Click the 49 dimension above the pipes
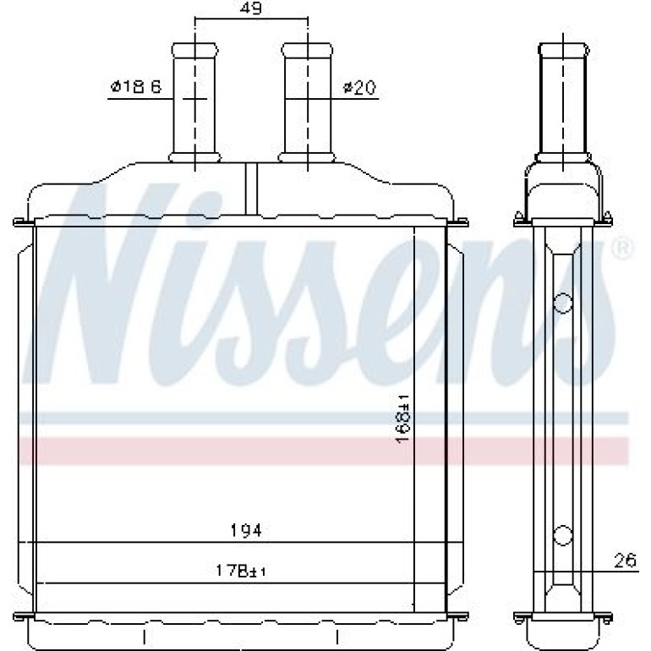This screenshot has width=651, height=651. (x=252, y=8)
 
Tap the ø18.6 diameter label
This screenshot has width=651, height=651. (x=136, y=87)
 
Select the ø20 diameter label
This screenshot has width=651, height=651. (x=359, y=88)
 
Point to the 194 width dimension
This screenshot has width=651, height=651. (x=246, y=530)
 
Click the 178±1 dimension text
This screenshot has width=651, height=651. (x=241, y=572)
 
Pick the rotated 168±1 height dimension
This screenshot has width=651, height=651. (x=402, y=419)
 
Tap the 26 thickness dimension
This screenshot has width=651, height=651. (x=625, y=561)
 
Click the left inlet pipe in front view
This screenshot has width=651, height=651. (x=194, y=102)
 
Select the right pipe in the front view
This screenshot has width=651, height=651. (x=307, y=102)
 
